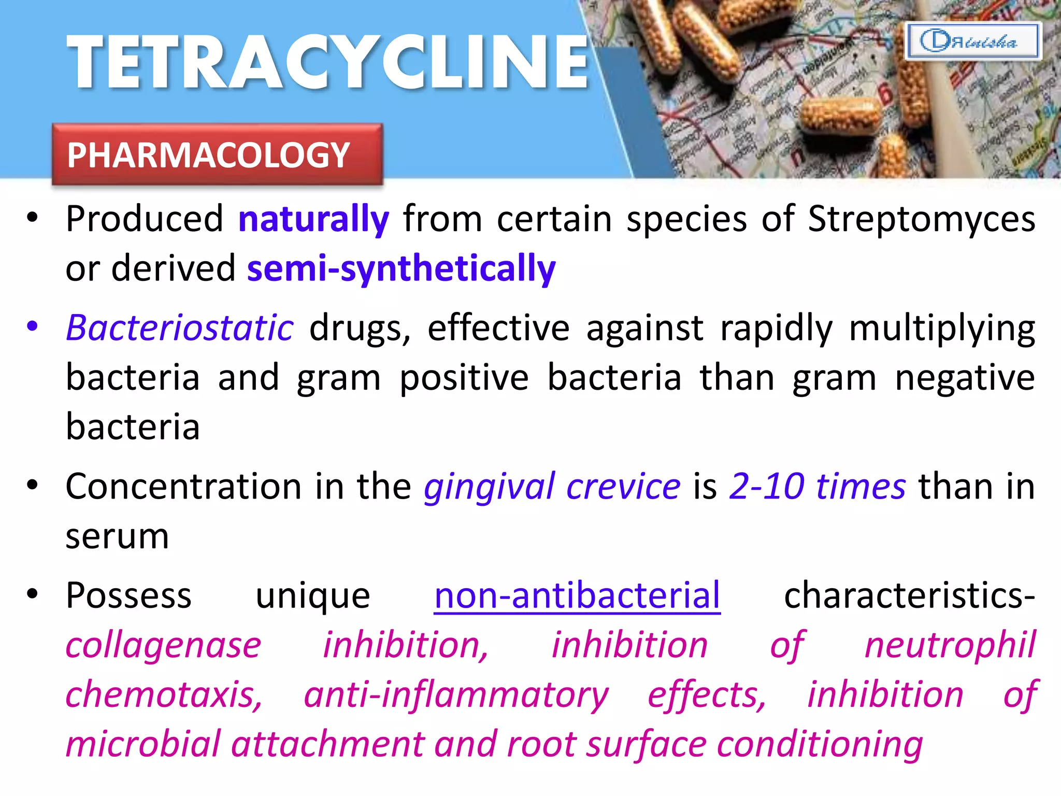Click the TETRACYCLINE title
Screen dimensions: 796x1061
(x=328, y=62)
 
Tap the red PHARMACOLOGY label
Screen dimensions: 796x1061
(x=217, y=154)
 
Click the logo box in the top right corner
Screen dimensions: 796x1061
(x=972, y=41)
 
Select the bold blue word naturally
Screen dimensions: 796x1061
(x=313, y=219)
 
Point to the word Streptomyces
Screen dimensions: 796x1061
(x=921, y=219)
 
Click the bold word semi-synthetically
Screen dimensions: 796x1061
(x=401, y=268)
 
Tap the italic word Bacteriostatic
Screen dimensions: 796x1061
(x=180, y=328)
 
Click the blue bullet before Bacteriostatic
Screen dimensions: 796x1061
(x=33, y=326)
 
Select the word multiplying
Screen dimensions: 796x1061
(x=942, y=329)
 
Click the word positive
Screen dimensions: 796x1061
(x=464, y=377)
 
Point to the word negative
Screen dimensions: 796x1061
(x=965, y=377)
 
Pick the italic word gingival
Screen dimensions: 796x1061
(x=489, y=487)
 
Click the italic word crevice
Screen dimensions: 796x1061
(x=623, y=487)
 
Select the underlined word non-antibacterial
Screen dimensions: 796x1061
(x=577, y=596)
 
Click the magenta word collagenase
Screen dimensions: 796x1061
(x=163, y=646)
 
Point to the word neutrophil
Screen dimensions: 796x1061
(x=950, y=646)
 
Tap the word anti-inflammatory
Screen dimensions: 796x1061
(x=456, y=695)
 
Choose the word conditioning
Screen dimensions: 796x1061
(x=820, y=744)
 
